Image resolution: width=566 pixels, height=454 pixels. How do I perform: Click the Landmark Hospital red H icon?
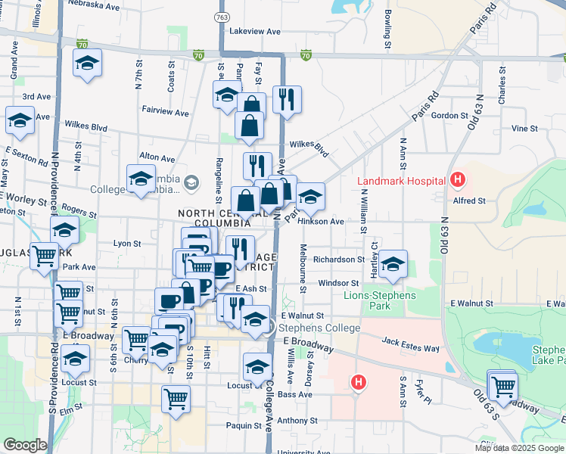point(457,180)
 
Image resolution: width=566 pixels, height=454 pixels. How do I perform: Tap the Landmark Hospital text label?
point(401,181)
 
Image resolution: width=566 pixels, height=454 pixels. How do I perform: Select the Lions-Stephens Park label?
point(378,300)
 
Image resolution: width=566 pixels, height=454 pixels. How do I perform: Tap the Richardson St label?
point(340,259)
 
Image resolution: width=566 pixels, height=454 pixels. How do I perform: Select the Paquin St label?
point(244,425)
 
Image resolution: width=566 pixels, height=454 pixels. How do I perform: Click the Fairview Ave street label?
point(164,110)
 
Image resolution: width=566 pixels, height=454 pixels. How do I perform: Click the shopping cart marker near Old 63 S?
point(502,386)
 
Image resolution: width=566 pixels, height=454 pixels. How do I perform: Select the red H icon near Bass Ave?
point(359,382)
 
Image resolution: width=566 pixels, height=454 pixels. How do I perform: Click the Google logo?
point(25,445)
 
